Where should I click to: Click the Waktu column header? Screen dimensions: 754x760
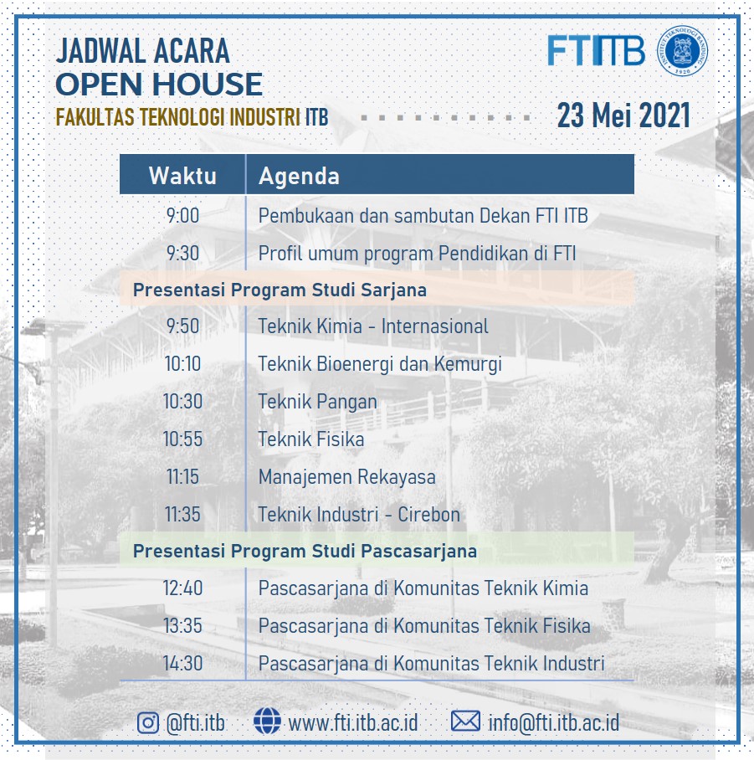click(x=182, y=176)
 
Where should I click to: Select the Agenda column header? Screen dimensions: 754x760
click(x=299, y=176)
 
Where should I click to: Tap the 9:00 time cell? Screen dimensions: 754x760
click(x=182, y=216)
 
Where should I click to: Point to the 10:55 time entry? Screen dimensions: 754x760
click(x=182, y=439)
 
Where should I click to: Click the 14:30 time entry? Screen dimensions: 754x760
click(x=182, y=663)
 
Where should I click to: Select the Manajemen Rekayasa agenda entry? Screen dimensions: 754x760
click(x=347, y=477)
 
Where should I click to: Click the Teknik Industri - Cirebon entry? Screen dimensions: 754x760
click(x=359, y=514)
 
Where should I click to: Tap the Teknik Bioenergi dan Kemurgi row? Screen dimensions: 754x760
click(x=380, y=364)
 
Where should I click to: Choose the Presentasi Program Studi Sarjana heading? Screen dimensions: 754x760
click(x=280, y=290)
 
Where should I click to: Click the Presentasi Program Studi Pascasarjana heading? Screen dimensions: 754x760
click(x=305, y=551)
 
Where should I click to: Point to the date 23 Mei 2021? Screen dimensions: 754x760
click(x=623, y=116)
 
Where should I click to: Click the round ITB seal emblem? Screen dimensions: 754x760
click(x=682, y=50)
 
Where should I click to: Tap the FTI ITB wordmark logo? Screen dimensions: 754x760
click(x=596, y=50)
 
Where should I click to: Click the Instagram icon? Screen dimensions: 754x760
click(x=148, y=722)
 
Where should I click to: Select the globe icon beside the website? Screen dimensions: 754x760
click(x=267, y=721)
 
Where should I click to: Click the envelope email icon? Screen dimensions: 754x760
click(x=465, y=721)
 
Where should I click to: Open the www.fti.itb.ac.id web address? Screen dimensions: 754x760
click(x=353, y=722)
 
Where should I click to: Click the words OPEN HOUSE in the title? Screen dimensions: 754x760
click(x=159, y=84)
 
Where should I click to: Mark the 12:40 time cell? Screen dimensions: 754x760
click(x=182, y=588)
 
